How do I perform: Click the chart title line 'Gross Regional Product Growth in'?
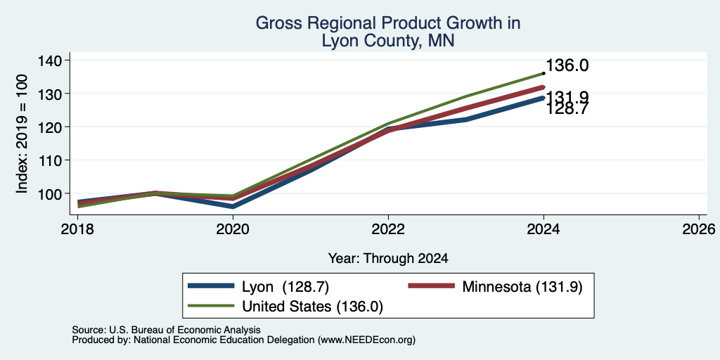(388, 23)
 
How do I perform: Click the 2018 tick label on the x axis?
(77, 229)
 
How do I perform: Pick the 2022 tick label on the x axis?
(388, 229)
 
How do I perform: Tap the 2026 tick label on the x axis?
(700, 229)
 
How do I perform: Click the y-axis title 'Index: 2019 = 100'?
(22, 134)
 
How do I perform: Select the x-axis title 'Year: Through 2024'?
(388, 259)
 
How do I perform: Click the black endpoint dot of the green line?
(544, 73)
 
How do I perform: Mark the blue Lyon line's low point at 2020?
(233, 207)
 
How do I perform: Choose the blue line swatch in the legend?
(211, 286)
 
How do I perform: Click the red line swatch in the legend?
(431, 286)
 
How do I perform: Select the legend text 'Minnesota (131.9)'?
(522, 287)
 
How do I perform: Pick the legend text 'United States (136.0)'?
(313, 307)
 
